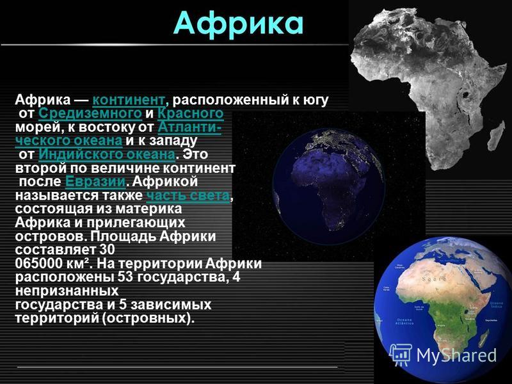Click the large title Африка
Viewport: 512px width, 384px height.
coord(238,24)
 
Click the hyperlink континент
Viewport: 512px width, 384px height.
coord(129,100)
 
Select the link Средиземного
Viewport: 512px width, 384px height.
coord(90,113)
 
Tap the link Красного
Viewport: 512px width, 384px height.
coord(190,113)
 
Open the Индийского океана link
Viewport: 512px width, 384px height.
coord(107,154)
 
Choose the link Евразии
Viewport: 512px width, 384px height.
coord(95,181)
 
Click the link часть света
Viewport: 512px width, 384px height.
coord(188,195)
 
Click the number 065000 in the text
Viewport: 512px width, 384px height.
coord(38,264)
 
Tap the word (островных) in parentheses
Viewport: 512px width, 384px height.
coord(148,318)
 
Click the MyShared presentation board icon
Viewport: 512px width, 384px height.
coord(402,355)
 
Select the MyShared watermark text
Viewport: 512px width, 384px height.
coord(456,355)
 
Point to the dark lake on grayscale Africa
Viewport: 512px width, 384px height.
coord(465,95)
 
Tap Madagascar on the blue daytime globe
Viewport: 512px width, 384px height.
coord(484,338)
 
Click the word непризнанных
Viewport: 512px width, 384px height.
coord(67,291)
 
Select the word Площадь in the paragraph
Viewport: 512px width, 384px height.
coord(124,236)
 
